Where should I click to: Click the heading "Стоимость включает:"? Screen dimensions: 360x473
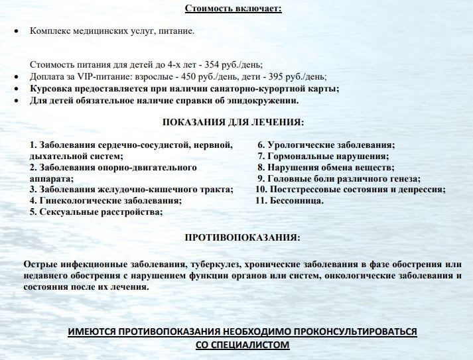[x=233, y=9]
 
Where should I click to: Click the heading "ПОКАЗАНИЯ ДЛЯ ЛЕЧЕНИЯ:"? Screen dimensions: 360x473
[x=234, y=123]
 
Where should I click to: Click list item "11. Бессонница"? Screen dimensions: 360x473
[x=290, y=201]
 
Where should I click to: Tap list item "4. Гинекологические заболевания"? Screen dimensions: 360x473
[x=106, y=201]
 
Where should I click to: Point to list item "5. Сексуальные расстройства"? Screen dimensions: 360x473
[x=96, y=212]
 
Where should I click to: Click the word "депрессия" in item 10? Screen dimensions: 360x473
[x=421, y=190]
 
